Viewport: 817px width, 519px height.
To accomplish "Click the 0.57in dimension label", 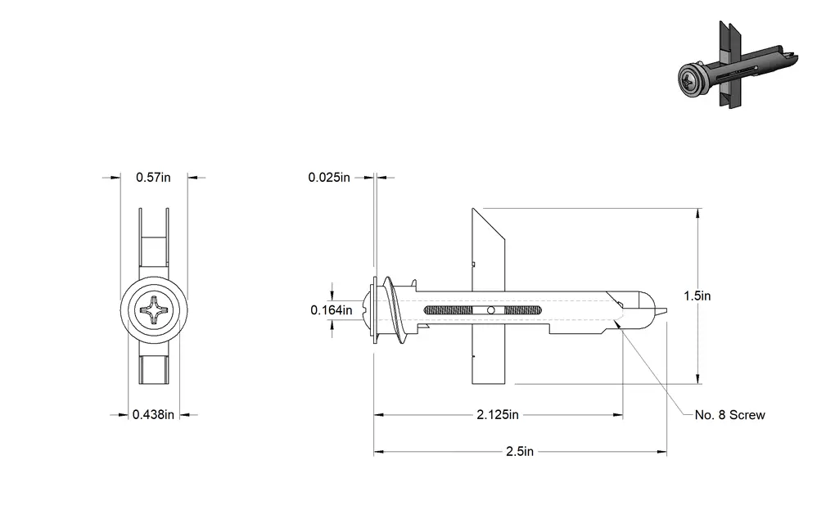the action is click(x=153, y=177).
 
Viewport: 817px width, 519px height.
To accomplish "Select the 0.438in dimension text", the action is click(x=153, y=415).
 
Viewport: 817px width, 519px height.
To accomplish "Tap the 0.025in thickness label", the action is click(x=329, y=177).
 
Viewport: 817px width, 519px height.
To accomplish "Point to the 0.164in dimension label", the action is click(x=332, y=310).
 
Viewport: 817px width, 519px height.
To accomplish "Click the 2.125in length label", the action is click(x=498, y=415).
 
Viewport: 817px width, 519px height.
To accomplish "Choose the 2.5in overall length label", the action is click(x=520, y=451).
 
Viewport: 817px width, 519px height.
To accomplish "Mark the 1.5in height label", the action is click(x=697, y=296).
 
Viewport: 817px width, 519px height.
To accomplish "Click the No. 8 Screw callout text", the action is click(x=730, y=415).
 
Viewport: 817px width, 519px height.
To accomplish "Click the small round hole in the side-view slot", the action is click(x=490, y=310).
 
